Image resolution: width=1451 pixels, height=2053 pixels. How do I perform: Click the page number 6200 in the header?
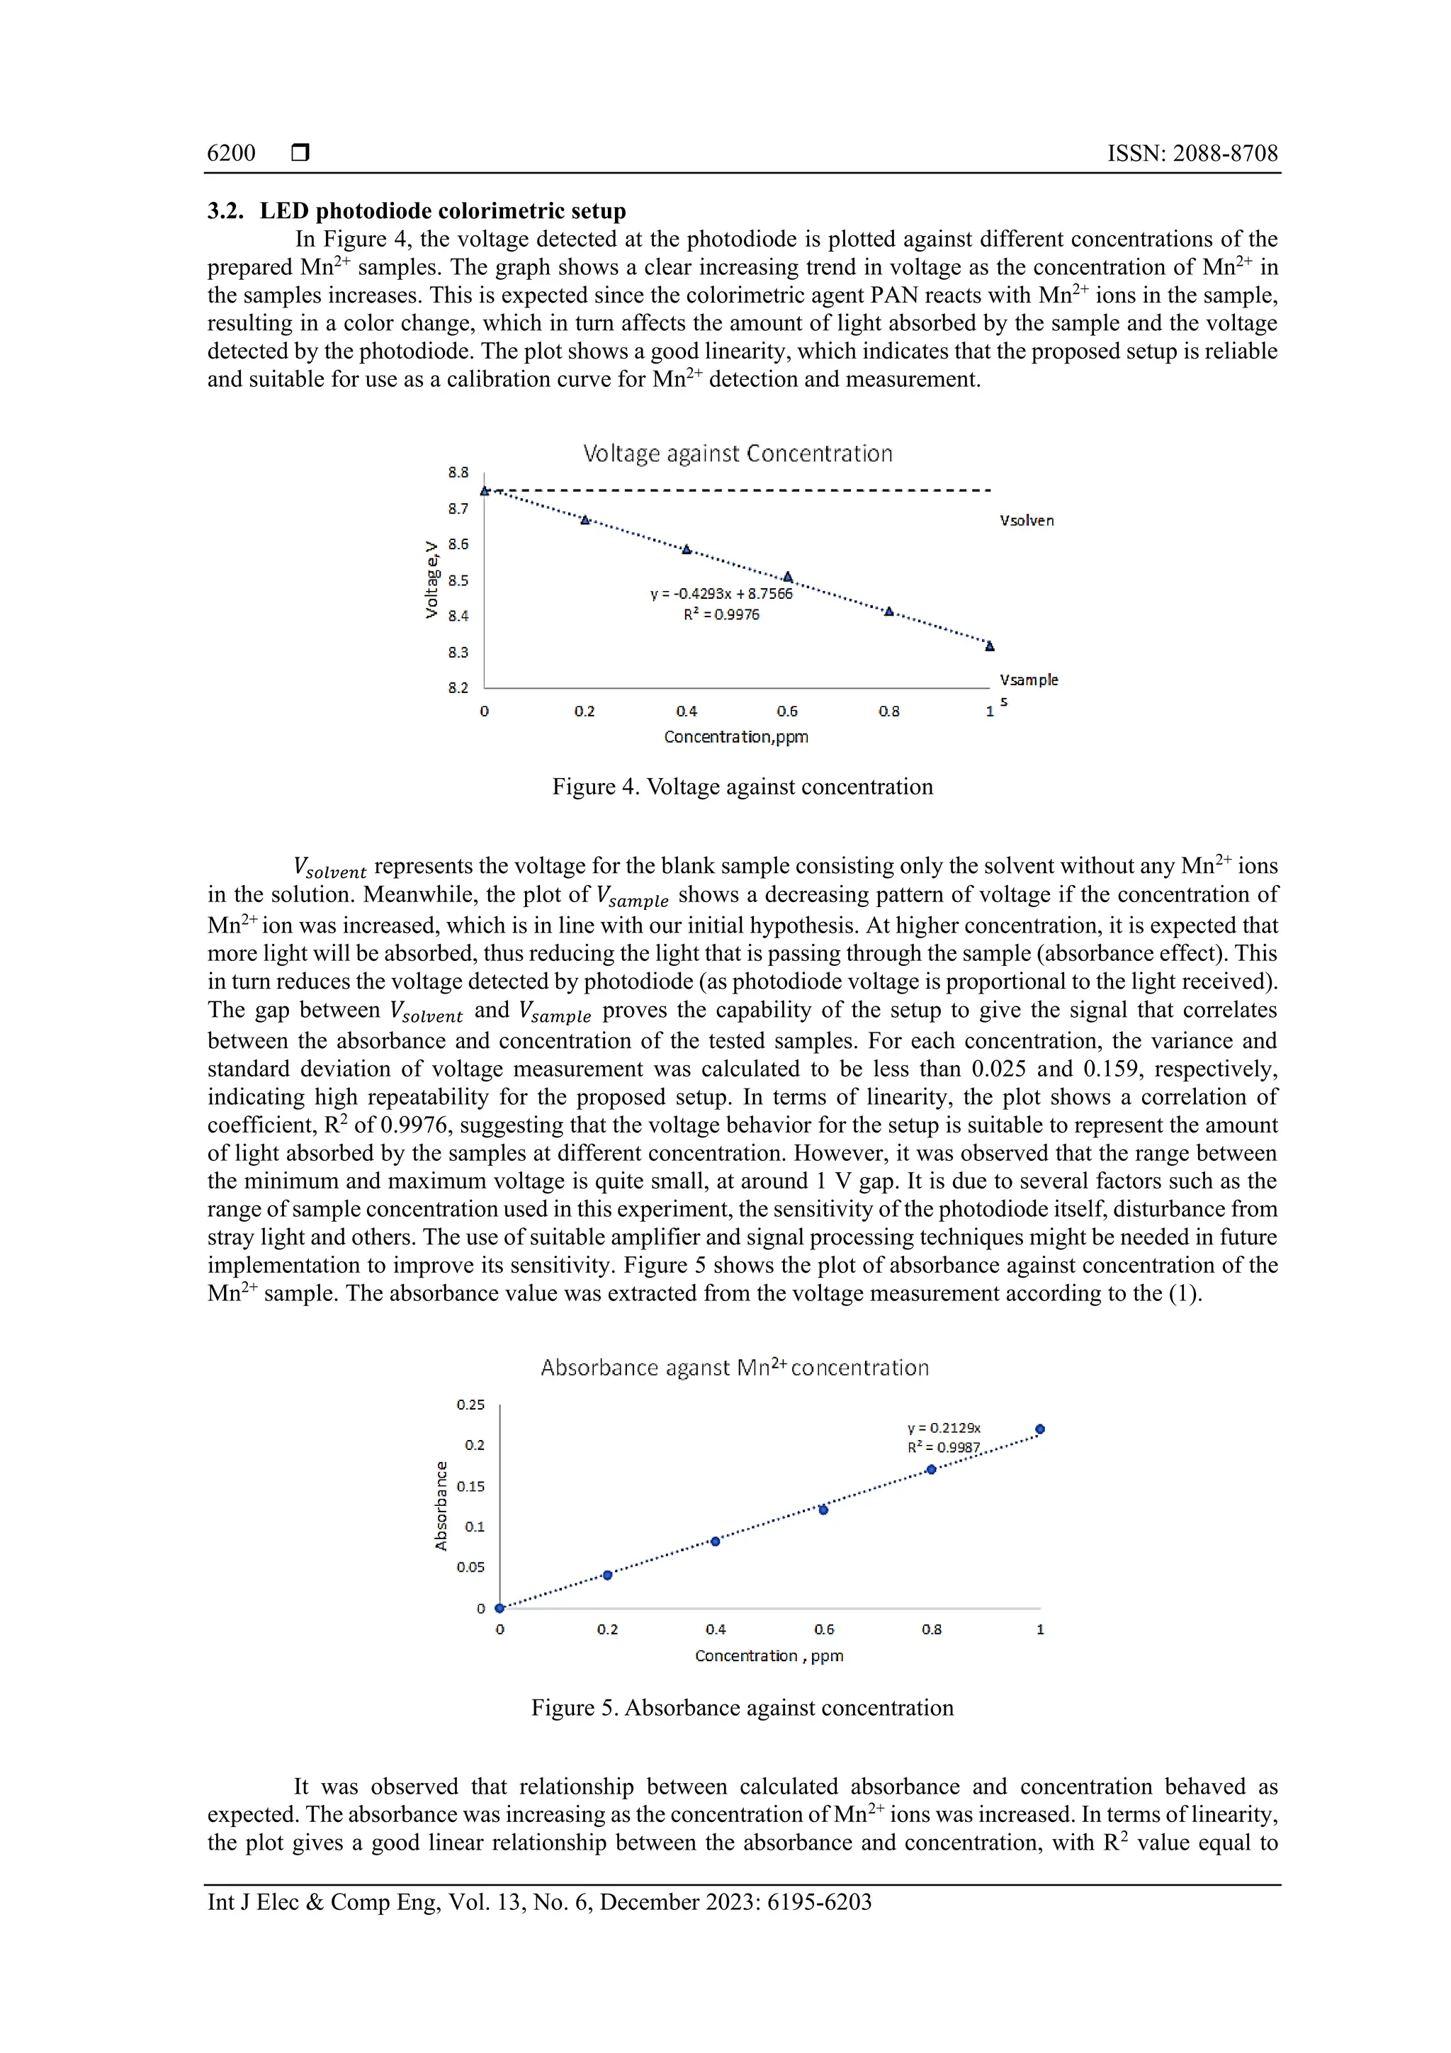[231, 153]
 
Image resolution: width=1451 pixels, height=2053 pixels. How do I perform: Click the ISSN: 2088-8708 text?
[1192, 153]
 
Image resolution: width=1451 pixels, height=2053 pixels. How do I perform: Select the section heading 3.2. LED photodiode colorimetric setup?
[417, 211]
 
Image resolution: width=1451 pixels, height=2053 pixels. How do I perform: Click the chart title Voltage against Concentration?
[738, 454]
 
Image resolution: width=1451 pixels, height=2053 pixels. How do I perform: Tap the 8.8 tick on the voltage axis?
[458, 472]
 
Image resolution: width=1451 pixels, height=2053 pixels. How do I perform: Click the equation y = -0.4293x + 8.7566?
[721, 594]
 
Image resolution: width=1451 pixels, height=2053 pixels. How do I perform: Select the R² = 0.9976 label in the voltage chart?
[721, 615]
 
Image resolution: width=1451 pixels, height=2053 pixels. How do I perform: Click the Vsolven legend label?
[1027, 520]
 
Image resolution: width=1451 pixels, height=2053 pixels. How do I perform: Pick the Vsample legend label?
[1028, 680]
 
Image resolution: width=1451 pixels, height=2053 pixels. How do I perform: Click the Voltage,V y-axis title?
[431, 580]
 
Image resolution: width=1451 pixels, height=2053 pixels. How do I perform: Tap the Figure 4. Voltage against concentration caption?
[742, 787]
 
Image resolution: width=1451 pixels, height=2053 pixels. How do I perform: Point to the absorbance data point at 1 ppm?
[1040, 1429]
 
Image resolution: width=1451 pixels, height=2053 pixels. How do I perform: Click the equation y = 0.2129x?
[943, 1428]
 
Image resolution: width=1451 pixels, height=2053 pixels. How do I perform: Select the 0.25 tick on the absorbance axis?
[470, 1405]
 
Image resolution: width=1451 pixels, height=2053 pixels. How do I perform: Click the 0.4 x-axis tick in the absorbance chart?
[715, 1629]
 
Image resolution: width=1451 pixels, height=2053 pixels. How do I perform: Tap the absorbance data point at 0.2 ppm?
[608, 1575]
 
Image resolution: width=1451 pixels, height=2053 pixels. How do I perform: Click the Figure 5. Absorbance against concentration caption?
[742, 1708]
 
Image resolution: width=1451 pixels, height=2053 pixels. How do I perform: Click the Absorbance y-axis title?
[441, 1506]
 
